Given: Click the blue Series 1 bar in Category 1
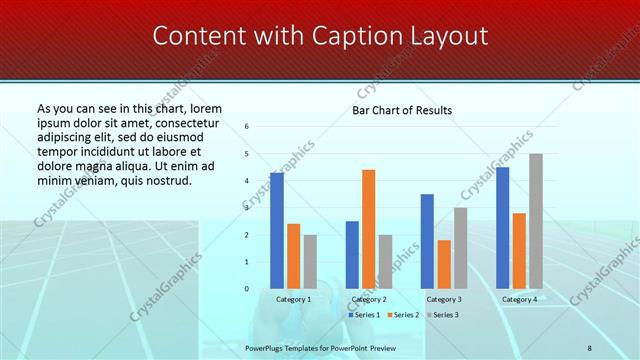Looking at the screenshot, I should click(x=277, y=230).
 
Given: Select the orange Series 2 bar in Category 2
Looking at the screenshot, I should click(x=368, y=229).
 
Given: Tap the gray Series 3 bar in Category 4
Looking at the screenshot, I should click(x=536, y=221).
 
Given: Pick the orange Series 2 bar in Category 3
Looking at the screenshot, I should click(x=444, y=264).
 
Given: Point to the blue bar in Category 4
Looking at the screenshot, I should click(x=502, y=227).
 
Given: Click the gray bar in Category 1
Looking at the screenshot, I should click(x=310, y=261).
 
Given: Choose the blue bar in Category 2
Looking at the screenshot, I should click(x=352, y=254).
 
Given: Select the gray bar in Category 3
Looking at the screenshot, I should click(x=460, y=248).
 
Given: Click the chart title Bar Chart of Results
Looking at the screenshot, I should click(x=402, y=110).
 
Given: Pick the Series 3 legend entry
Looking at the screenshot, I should click(x=444, y=314).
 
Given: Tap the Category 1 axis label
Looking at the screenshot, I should click(x=293, y=299).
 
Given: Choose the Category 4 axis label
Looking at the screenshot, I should click(x=519, y=299).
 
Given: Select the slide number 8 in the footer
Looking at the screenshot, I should click(x=590, y=347).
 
